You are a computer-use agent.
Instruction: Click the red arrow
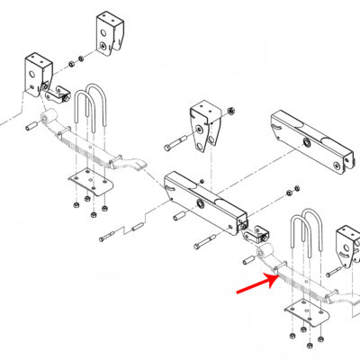256,284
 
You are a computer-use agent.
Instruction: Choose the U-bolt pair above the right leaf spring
304,235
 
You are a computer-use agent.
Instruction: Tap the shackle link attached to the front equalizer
258,235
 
